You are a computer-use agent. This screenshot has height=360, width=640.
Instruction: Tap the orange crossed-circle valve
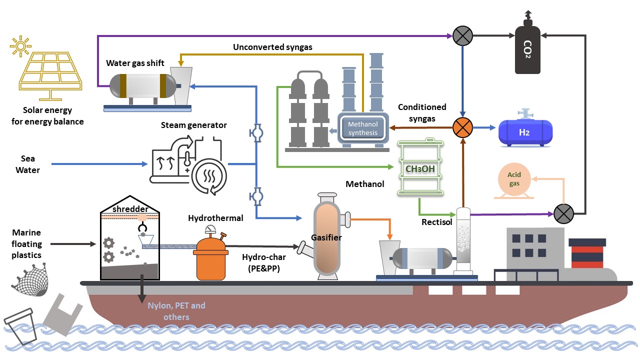click(x=463, y=127)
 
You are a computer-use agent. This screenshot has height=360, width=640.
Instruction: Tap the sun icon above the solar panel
click(x=20, y=47)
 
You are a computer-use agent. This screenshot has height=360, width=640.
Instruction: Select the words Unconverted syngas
click(x=272, y=47)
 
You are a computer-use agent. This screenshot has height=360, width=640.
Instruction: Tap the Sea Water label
click(x=27, y=164)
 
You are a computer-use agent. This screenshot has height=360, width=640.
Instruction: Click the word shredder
click(x=130, y=209)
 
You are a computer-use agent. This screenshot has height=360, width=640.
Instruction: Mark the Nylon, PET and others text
click(x=176, y=311)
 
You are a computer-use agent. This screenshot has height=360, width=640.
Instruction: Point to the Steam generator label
click(x=194, y=125)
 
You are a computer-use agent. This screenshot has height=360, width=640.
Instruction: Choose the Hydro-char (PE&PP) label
click(x=264, y=262)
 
